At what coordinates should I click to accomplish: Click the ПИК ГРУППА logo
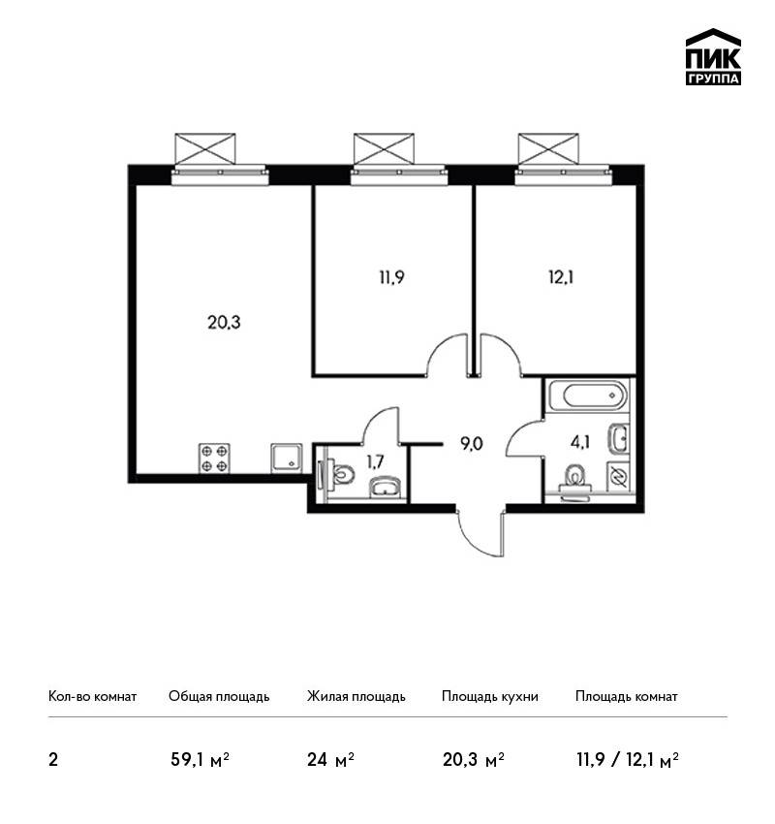point(713,57)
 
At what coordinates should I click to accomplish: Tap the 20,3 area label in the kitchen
point(224,322)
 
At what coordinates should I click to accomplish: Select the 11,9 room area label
point(391,277)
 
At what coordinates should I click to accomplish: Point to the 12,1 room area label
point(561,277)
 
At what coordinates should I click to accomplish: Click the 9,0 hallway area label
point(471,445)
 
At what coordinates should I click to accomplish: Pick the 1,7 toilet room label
point(375,461)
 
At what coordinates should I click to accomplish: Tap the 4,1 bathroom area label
point(580,442)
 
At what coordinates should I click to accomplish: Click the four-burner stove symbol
point(214,459)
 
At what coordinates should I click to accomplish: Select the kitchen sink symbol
point(287,459)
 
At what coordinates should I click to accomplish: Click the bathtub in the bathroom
point(588,396)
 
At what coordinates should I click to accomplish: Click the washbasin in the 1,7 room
point(385,487)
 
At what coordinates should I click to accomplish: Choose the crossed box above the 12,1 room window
point(548,148)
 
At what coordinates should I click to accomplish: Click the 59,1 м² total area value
point(201,760)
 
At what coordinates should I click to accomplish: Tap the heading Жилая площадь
point(356,697)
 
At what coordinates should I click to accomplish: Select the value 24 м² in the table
point(330,760)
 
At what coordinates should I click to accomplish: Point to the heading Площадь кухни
point(490,697)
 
